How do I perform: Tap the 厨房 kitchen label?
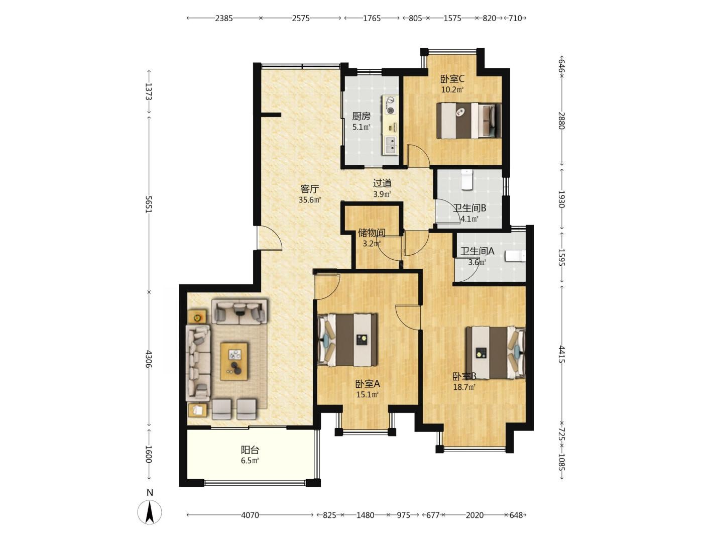click(361, 116)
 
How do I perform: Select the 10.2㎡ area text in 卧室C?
click(452, 89)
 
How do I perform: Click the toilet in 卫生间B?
click(467, 179)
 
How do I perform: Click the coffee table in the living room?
click(234, 361)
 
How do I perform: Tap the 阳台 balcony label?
click(250, 450)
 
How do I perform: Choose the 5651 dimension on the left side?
click(149, 204)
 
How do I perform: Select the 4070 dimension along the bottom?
click(250, 515)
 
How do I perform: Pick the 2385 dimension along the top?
click(224, 18)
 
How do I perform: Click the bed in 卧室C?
click(468, 121)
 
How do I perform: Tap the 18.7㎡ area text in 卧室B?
click(464, 387)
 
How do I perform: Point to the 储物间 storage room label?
click(372, 233)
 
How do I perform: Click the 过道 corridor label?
click(382, 183)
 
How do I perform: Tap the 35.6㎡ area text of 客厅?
click(310, 199)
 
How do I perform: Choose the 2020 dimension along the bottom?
click(474, 515)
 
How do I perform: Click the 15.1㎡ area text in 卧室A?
click(368, 395)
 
